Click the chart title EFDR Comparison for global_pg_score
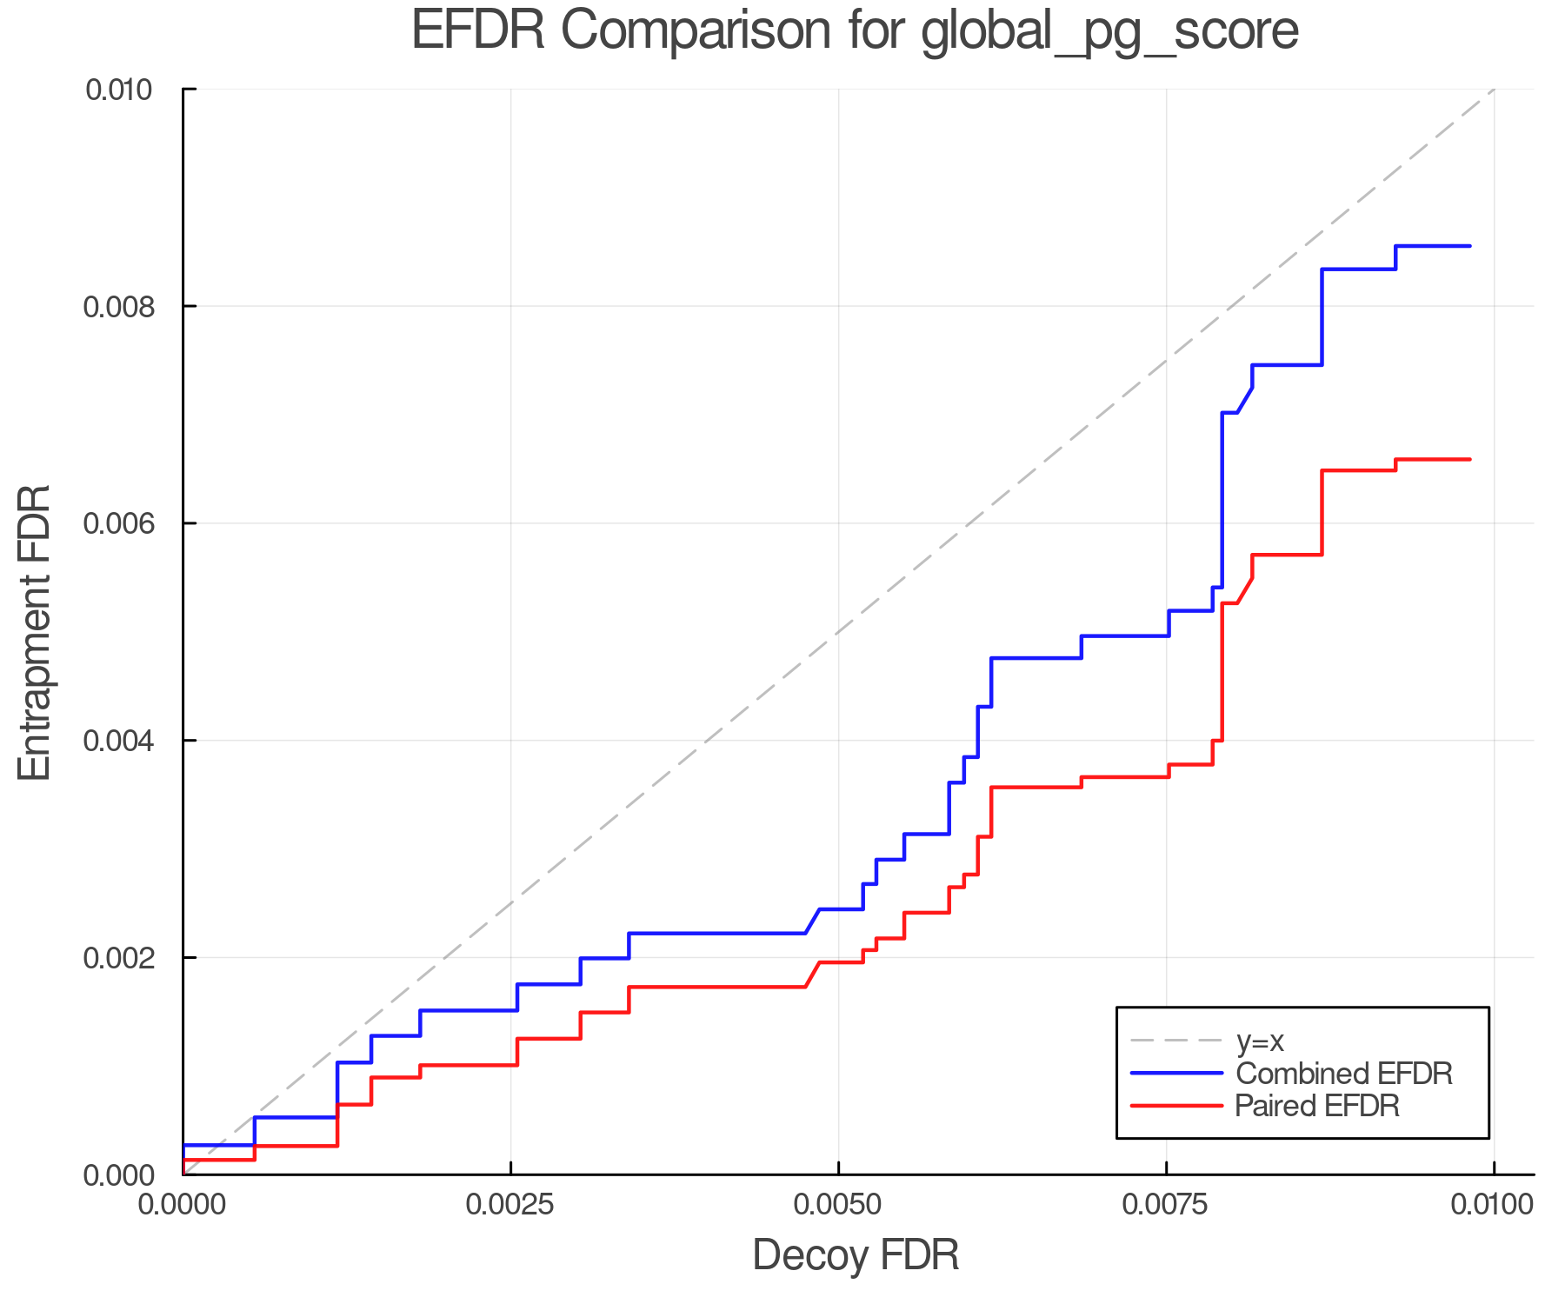pos(855,30)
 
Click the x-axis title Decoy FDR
pos(856,1254)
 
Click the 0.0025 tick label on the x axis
pos(510,1204)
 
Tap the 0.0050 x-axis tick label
pos(838,1204)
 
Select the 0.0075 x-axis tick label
pos(1166,1204)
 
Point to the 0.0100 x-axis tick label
pos(1493,1204)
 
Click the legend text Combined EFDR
pos(1343,1074)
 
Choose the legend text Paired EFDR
pos(1316,1106)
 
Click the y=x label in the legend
pos(1260,1041)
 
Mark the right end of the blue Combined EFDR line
pos(1469,246)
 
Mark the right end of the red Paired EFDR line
pos(1469,459)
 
